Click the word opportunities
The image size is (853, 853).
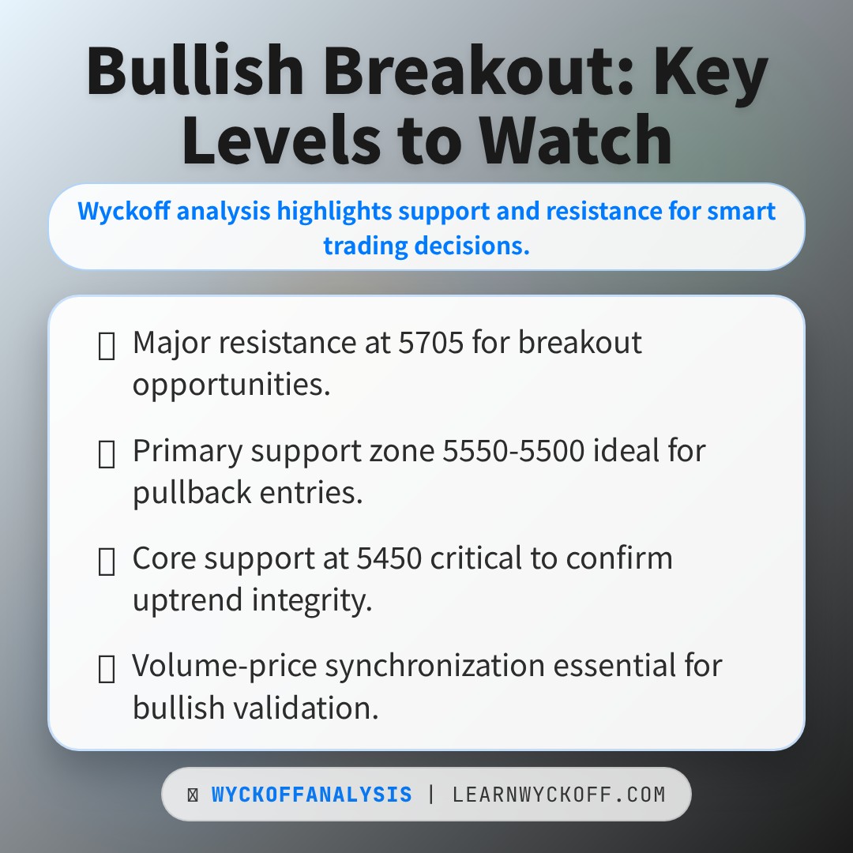coord(231,385)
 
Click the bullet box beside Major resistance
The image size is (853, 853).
coord(106,345)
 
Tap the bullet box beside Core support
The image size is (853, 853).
coord(106,560)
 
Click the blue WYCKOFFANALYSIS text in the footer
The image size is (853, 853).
coord(311,795)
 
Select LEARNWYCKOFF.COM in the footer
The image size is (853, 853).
coord(559,795)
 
